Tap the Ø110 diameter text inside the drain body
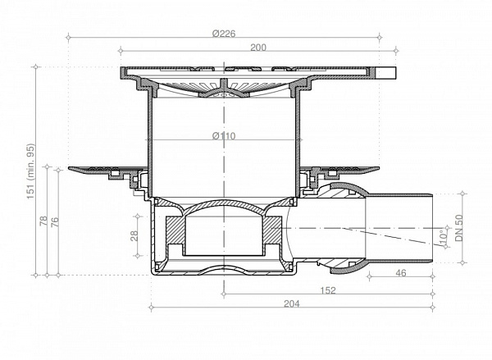tap(225, 136)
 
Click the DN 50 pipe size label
tap(460, 226)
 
